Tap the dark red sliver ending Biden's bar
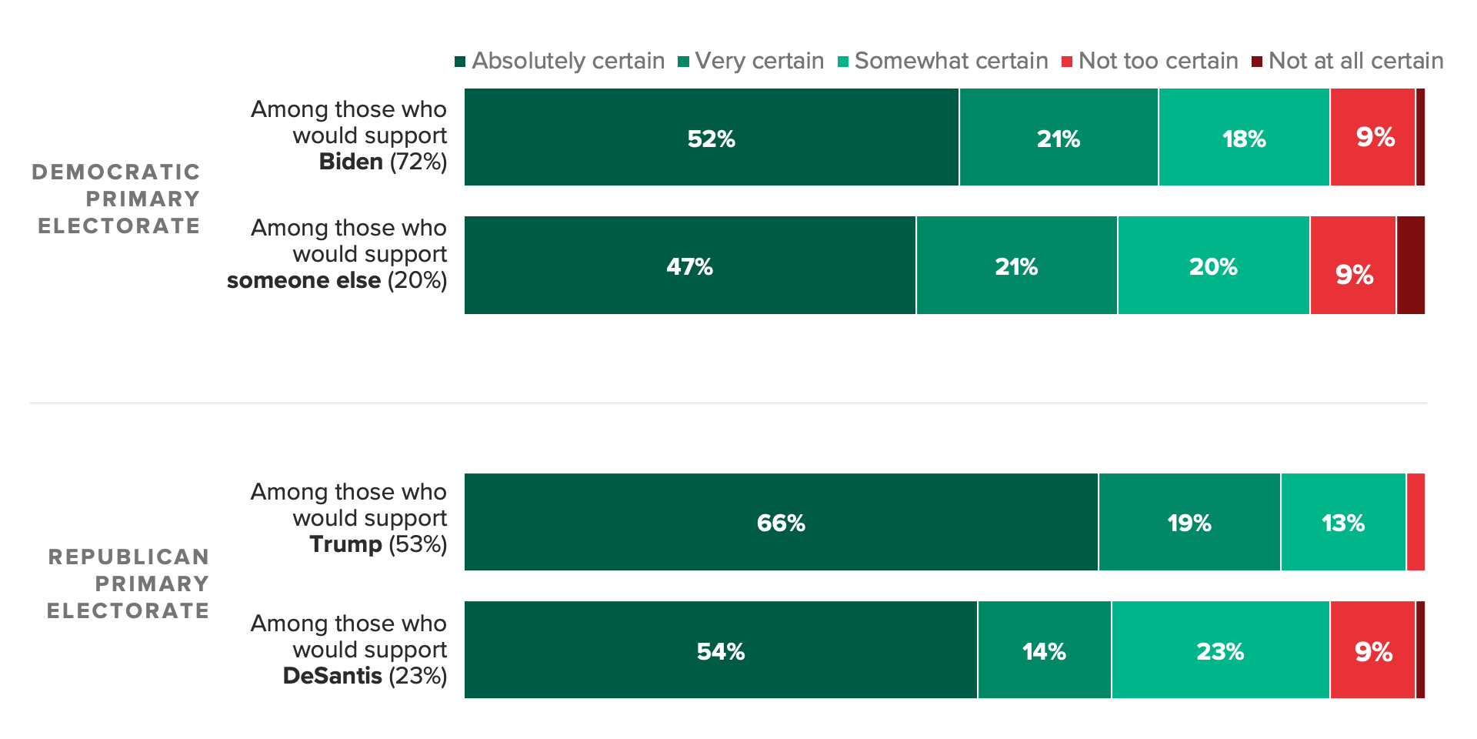tap(1420, 137)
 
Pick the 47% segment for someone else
tap(690, 266)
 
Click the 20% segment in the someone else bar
tap(1213, 266)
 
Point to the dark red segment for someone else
tap(1410, 266)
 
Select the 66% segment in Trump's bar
tap(781, 522)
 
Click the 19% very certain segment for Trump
tap(1189, 522)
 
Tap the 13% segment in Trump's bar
tap(1343, 522)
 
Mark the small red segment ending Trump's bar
tap(1415, 522)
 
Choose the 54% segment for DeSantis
tap(721, 650)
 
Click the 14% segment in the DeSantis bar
tap(1044, 650)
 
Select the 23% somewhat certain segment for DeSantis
tap(1220, 650)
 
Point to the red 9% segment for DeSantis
tap(1373, 650)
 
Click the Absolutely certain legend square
tap(460, 62)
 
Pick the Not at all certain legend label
tap(1355, 61)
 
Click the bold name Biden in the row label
tap(351, 162)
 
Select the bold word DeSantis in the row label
tap(332, 676)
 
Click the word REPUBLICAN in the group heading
tap(128, 557)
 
